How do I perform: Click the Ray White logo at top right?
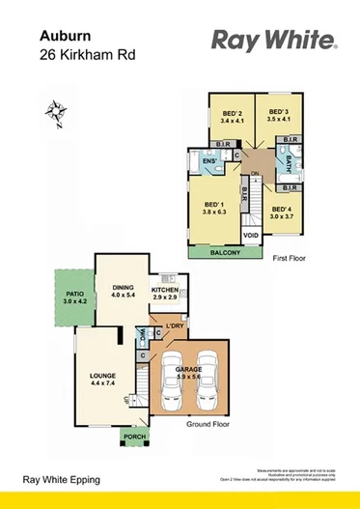[x=273, y=41]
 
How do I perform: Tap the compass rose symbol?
[x=52, y=114]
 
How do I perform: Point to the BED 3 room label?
[x=276, y=113]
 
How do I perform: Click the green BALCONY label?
[x=228, y=253]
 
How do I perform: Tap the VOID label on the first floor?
[x=251, y=235]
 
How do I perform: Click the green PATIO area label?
[x=74, y=297]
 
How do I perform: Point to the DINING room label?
[x=123, y=288]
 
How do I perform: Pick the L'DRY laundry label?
[x=175, y=326]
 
